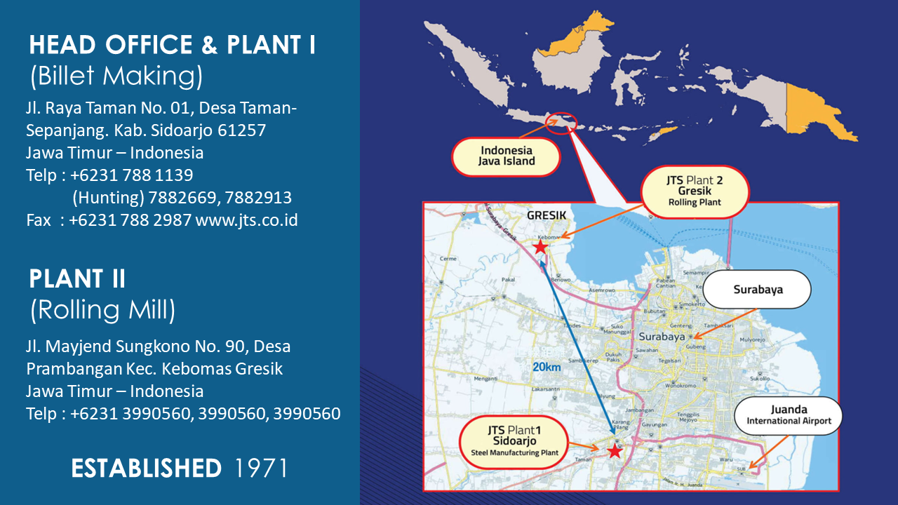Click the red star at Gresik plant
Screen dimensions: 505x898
point(540,247)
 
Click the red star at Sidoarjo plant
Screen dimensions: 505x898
point(615,451)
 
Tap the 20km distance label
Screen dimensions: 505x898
point(548,367)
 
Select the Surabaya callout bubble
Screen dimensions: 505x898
point(757,289)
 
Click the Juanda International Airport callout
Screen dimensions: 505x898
point(789,415)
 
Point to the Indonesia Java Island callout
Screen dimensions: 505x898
point(507,156)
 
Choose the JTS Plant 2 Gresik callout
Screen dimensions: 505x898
point(695,191)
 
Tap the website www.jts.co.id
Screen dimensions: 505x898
point(247,220)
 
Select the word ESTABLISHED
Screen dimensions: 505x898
point(146,468)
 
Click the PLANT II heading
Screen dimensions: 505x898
point(77,278)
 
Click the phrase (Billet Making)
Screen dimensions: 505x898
point(116,76)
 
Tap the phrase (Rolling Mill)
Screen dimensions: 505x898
point(102,309)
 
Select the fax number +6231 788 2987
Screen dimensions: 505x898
point(130,220)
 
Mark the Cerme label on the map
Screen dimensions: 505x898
point(448,258)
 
